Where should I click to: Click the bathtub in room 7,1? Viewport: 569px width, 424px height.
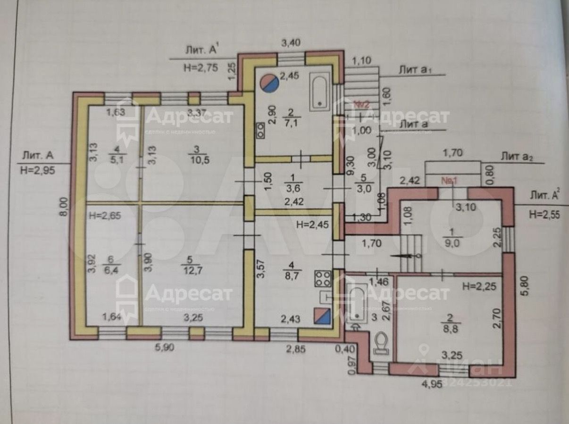tap(321, 91)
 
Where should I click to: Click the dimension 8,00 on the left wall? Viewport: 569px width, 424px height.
tap(65, 207)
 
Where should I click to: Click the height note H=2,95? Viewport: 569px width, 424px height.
tap(37, 170)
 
